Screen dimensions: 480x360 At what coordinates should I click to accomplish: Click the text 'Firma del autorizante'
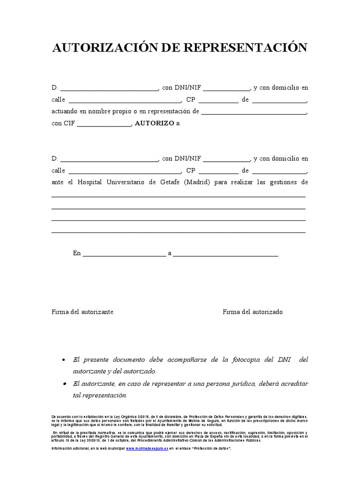coord(82,312)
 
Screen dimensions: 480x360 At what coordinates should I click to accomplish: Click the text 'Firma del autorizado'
coord(253,312)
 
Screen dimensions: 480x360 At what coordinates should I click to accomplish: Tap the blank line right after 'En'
coord(124,255)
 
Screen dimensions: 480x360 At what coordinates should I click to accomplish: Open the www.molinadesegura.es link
coord(147,449)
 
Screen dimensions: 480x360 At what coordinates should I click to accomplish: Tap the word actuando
coord(64,112)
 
